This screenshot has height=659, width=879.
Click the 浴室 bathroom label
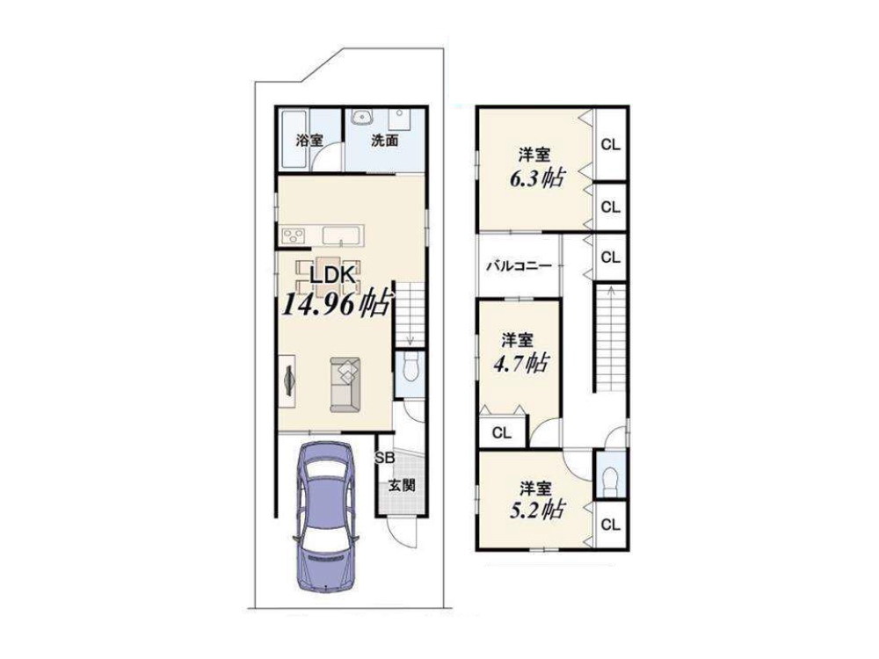pyautogui.click(x=309, y=140)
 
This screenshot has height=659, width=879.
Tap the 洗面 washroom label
pyautogui.click(x=385, y=140)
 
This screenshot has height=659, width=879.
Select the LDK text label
pyautogui.click(x=332, y=275)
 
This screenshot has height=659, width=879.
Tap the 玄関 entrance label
pyautogui.click(x=402, y=485)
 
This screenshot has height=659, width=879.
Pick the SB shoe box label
pyautogui.click(x=385, y=458)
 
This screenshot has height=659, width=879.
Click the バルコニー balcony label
pyautogui.click(x=519, y=265)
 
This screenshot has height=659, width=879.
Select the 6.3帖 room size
pyautogui.click(x=536, y=178)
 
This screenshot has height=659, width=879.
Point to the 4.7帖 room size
pyautogui.click(x=520, y=364)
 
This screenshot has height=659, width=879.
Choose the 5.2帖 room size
pyautogui.click(x=537, y=510)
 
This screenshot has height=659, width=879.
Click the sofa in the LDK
pyautogui.click(x=345, y=385)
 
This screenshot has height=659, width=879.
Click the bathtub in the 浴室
pyautogui.click(x=294, y=139)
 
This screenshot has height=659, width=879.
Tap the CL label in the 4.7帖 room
pyautogui.click(x=502, y=432)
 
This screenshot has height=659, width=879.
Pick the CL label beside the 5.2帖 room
pyautogui.click(x=611, y=525)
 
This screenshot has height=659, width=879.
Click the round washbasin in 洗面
pyautogui.click(x=363, y=117)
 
